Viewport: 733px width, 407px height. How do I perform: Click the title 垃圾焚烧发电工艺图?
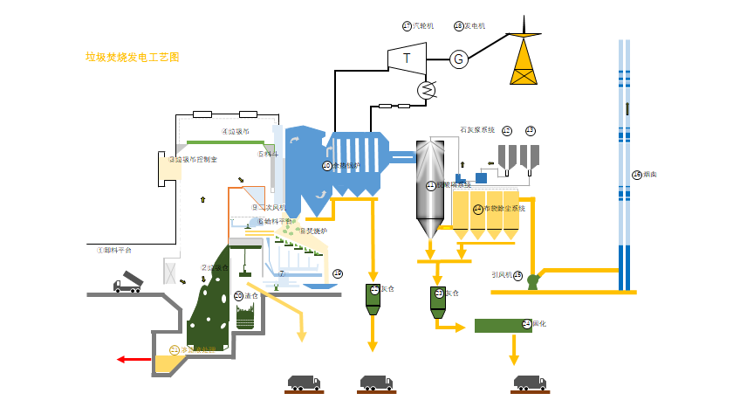pyautogui.click(x=132, y=58)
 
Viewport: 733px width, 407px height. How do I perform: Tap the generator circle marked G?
pyautogui.click(x=459, y=59)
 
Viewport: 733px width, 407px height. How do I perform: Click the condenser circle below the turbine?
pyautogui.click(x=427, y=89)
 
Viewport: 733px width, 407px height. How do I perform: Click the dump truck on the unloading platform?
pyautogui.click(x=127, y=281)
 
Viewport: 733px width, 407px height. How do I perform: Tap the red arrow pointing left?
pyautogui.click(x=134, y=359)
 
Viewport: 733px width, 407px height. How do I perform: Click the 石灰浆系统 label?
pyautogui.click(x=477, y=130)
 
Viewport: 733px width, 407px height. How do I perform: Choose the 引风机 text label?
pyautogui.click(x=502, y=274)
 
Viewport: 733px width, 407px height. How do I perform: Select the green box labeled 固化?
pyautogui.click(x=502, y=325)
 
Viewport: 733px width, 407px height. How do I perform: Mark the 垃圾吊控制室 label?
pyautogui.click(x=196, y=160)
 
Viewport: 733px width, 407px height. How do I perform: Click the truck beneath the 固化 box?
pyautogui.click(x=530, y=383)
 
